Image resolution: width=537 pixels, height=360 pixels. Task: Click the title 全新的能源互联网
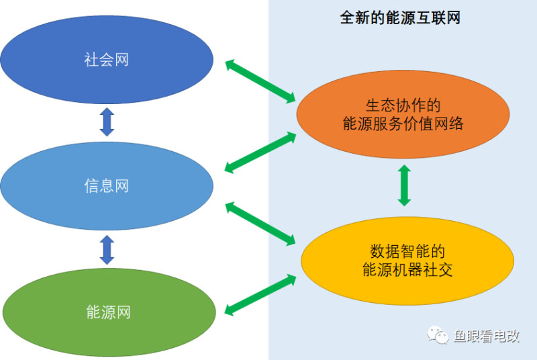pos(400,17)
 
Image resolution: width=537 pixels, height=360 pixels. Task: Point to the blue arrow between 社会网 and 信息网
pos(107,122)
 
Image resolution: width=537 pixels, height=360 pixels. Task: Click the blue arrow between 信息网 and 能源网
pos(107,249)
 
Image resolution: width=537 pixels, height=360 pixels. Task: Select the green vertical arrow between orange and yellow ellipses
pos(404,185)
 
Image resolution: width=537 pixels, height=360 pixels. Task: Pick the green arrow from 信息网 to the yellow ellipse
pos(260,222)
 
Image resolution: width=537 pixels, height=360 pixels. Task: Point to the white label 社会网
pos(107,60)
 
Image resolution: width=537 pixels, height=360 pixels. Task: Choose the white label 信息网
pos(107,186)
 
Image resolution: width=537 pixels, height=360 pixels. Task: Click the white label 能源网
pos(108,312)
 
